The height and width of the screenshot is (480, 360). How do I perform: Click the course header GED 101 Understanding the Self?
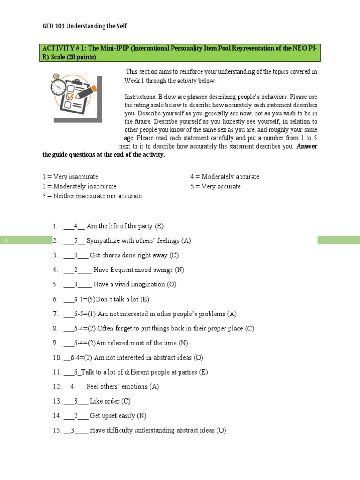pos(84,26)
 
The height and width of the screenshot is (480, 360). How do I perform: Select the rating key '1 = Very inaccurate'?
pos(70,177)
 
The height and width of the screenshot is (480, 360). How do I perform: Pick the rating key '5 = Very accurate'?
pos(215,186)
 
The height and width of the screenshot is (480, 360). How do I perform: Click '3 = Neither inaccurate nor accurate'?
pos(91,196)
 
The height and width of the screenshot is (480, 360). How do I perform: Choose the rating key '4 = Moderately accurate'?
pos(225,177)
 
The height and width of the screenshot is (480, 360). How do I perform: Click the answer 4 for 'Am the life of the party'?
pos(75,226)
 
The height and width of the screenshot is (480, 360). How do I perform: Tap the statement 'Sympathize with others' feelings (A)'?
pos(139,241)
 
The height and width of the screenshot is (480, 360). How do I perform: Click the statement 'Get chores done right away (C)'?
pos(134,255)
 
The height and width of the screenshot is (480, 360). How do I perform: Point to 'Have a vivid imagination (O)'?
pos(135,285)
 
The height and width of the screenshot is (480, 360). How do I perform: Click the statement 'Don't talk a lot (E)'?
pos(122,299)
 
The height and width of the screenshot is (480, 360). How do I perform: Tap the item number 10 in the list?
pos(56,357)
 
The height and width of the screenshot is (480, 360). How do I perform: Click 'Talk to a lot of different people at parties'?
pos(145,372)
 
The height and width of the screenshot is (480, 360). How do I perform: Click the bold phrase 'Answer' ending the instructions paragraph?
pos(307,146)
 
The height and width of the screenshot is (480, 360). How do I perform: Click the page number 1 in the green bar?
pos(7,240)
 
